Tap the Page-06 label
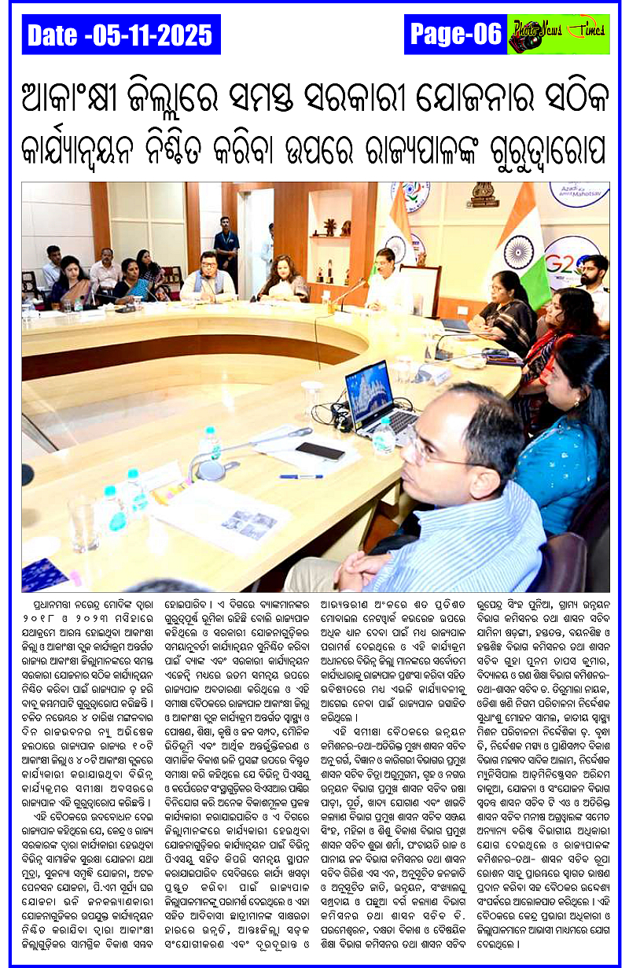tap(455, 34)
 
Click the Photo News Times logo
tap(558, 34)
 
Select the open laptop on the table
tap(378, 396)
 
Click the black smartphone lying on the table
tap(320, 451)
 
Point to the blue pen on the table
tap(300, 477)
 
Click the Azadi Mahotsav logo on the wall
tap(579, 193)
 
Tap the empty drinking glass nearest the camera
tap(83, 523)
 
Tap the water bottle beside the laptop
tap(384, 436)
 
